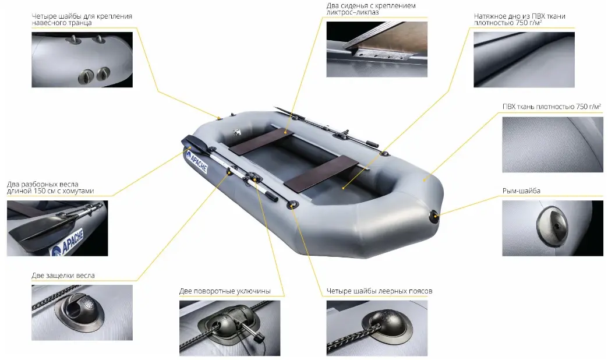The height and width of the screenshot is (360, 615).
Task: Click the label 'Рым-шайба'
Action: coord(521,191)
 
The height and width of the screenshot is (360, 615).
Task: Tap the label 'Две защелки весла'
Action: coord(63,276)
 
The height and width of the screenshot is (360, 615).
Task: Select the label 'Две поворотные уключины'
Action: coord(225,291)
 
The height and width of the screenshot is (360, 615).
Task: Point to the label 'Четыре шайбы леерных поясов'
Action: coord(379,291)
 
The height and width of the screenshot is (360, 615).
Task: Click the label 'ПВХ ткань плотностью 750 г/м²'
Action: coord(552,107)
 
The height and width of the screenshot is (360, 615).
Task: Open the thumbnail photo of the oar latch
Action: coord(82,313)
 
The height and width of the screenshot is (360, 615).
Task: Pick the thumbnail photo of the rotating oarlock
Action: coord(230,328)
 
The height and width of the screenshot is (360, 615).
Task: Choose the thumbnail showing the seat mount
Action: coord(377,50)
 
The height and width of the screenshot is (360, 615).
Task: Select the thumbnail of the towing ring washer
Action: coord(553,228)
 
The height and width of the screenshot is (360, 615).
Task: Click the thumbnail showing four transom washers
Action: coord(82,59)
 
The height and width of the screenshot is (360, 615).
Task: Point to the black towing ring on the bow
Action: coord(434,217)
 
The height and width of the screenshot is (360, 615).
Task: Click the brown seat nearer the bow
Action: coord(321,174)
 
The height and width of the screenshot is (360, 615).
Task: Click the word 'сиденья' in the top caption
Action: coord(354,6)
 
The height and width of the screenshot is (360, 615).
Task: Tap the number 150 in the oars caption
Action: coord(40,191)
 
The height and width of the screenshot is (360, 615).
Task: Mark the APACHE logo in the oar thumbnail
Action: coord(68,243)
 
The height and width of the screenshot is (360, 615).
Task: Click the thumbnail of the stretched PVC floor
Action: coord(524,59)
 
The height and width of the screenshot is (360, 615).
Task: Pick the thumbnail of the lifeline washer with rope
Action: coord(377,328)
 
